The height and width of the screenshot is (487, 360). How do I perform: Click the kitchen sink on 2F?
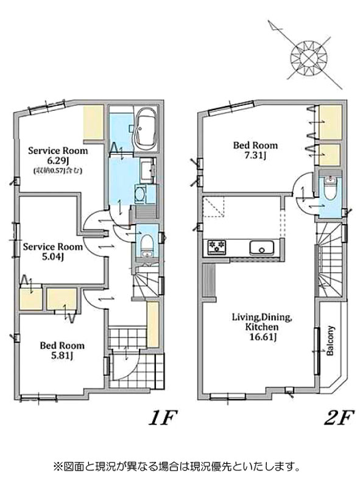point(262,248)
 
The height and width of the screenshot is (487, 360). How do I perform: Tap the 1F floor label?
point(163,418)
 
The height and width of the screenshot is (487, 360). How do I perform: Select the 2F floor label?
point(339,418)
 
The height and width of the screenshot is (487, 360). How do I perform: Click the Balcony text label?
point(330,341)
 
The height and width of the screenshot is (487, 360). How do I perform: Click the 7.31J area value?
point(255,156)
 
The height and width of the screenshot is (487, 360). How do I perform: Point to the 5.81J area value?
point(62,356)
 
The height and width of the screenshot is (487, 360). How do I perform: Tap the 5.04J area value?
point(53,257)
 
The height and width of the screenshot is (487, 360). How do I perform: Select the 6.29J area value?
point(57,161)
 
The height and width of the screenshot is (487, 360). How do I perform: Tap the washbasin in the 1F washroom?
point(147,170)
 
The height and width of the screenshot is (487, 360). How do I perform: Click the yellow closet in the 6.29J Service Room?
point(93,122)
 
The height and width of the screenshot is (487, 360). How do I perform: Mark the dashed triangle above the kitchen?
point(214,206)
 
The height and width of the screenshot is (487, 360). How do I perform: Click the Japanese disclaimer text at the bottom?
point(177,466)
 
